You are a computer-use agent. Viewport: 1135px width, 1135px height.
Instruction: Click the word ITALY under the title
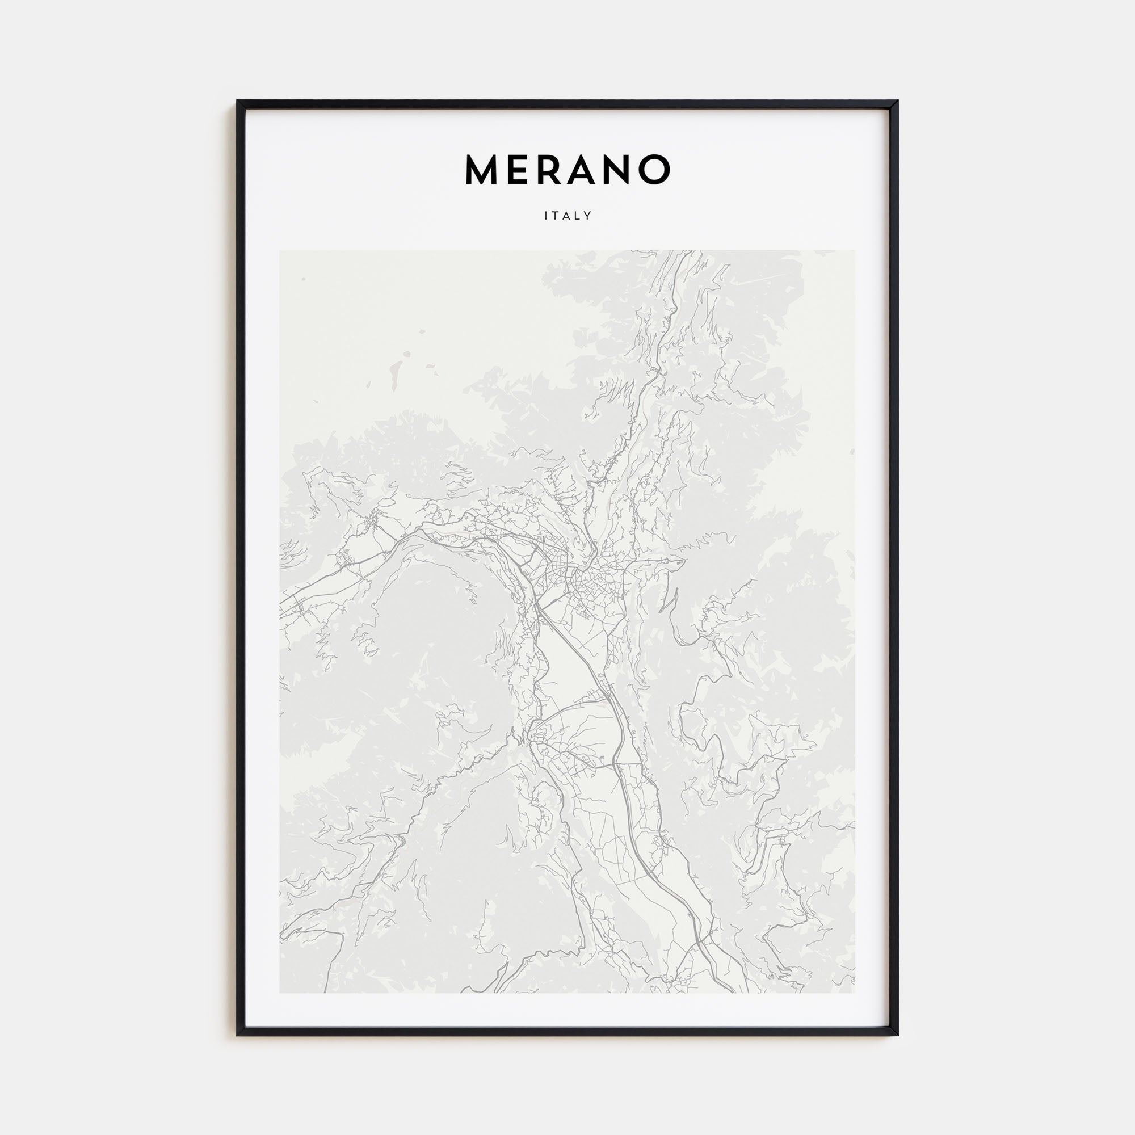(567, 216)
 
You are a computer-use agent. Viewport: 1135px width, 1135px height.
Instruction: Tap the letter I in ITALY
(546, 216)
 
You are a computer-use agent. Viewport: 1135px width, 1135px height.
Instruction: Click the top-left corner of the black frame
(238, 101)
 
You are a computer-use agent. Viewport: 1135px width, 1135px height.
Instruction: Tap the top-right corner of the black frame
(897, 101)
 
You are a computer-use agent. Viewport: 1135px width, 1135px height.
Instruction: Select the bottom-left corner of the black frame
(238, 1035)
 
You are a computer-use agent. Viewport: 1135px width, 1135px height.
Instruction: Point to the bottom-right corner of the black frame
(897, 1035)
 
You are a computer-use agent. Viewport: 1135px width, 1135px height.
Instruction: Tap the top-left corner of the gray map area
(280, 250)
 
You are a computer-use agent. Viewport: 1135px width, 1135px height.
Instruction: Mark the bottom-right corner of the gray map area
(855, 993)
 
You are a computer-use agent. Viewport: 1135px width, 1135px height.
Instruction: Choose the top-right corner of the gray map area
(855, 250)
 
